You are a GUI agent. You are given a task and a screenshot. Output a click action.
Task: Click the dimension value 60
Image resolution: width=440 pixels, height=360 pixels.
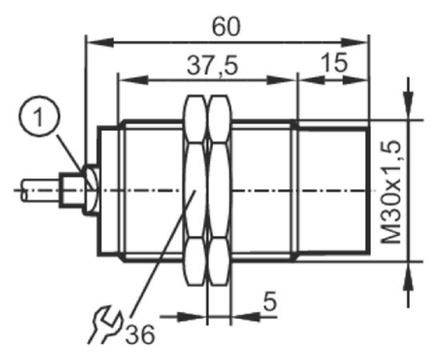(226, 27)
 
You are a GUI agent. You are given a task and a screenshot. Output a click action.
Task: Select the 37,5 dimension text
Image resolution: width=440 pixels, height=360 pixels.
(213, 66)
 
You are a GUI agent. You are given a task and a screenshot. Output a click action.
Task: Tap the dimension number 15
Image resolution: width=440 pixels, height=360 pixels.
(334, 62)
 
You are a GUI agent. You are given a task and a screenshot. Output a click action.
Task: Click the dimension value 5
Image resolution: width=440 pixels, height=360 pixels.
(270, 301)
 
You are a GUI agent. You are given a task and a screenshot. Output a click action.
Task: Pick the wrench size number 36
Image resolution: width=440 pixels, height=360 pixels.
(140, 334)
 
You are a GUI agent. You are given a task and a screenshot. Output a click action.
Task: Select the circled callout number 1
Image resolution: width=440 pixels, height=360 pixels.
(39, 116)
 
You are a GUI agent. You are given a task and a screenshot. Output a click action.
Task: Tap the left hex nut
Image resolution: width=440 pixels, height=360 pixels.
(194, 190)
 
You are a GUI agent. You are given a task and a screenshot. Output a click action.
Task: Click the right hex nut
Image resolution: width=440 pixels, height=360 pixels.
(221, 190)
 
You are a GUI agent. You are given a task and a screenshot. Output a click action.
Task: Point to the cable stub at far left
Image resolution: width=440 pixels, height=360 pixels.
(41, 190)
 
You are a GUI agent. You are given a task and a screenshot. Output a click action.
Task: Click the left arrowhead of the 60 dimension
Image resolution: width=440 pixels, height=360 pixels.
(101, 43)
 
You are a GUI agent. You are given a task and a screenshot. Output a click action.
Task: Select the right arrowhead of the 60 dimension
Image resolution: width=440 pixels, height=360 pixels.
(354, 43)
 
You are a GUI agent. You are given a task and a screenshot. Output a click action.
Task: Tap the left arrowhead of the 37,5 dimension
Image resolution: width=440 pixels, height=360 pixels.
(134, 80)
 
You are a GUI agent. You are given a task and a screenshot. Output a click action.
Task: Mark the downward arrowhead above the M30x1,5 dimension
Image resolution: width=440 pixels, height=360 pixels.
(408, 106)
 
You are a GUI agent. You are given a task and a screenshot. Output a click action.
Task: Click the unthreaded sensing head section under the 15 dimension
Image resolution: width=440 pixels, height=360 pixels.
(334, 190)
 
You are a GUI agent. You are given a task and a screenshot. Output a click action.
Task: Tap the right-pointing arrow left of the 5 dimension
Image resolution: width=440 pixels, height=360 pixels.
(183, 317)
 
